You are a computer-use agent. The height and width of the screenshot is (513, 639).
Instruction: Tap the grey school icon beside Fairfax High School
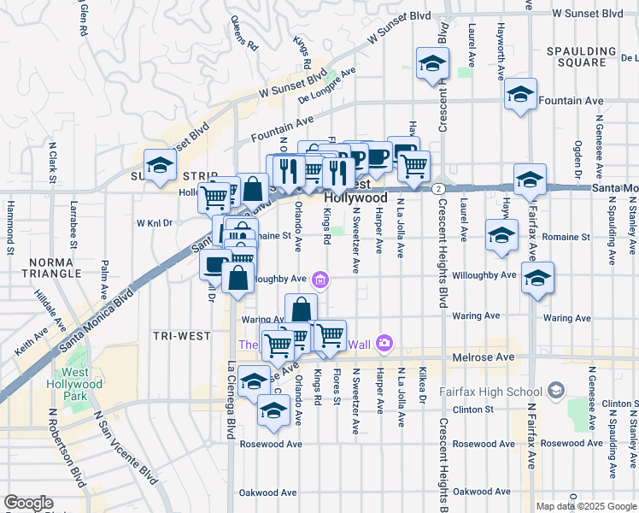pos(556,391)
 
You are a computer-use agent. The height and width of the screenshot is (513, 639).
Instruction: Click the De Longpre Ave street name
pos(325,85)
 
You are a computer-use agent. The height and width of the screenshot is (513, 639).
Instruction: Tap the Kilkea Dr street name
pos(422,385)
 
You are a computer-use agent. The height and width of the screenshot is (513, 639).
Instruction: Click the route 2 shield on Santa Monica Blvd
pos(437,188)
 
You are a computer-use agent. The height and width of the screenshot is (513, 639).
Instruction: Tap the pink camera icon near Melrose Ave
pos(384,343)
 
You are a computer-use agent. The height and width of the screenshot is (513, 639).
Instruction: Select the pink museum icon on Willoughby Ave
pos(320,279)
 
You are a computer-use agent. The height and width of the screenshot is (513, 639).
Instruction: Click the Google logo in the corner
pos(28,503)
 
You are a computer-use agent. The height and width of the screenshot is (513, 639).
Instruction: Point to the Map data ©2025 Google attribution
pos(586,506)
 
